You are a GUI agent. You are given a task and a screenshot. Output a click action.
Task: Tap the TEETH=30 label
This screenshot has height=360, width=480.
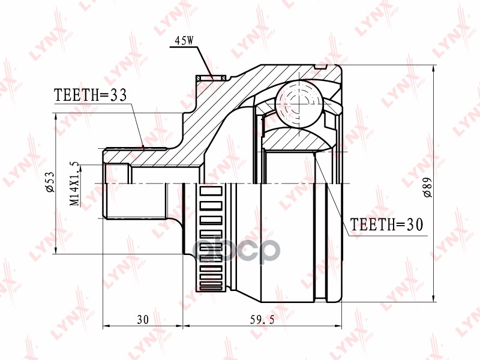[386, 224]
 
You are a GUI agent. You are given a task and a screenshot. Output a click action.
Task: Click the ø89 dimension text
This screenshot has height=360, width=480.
[427, 187]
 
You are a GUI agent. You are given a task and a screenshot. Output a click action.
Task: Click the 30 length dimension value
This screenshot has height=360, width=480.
[142, 320]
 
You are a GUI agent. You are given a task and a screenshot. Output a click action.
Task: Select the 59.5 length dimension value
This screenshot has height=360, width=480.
[262, 320]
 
